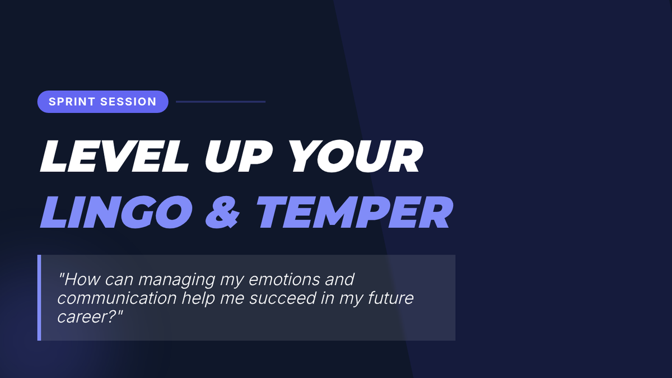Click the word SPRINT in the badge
(x=72, y=102)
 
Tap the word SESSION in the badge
(x=128, y=102)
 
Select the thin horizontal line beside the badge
(x=221, y=102)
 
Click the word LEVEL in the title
(x=114, y=156)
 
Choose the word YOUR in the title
(x=355, y=156)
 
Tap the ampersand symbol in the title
(x=223, y=212)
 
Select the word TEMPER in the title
(x=354, y=212)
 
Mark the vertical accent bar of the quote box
(x=39, y=297)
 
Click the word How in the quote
(x=80, y=279)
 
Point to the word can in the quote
(x=119, y=280)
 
